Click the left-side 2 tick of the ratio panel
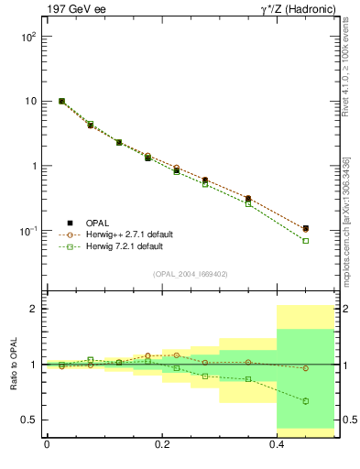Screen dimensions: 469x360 (35, 309)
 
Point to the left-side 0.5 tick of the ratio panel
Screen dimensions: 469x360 (30, 420)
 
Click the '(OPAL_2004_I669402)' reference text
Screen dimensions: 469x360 (190, 273)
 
